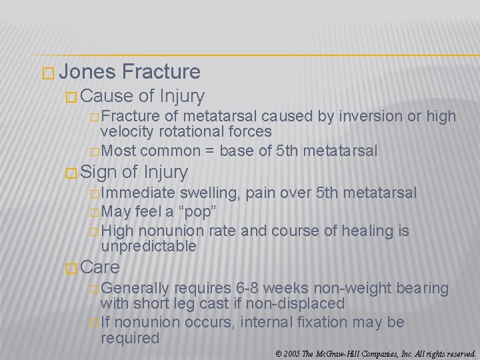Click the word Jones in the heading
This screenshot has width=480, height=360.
click(91, 72)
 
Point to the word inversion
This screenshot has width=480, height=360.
click(371, 117)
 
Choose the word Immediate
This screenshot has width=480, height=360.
click(137, 193)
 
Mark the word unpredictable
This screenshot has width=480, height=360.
click(148, 247)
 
